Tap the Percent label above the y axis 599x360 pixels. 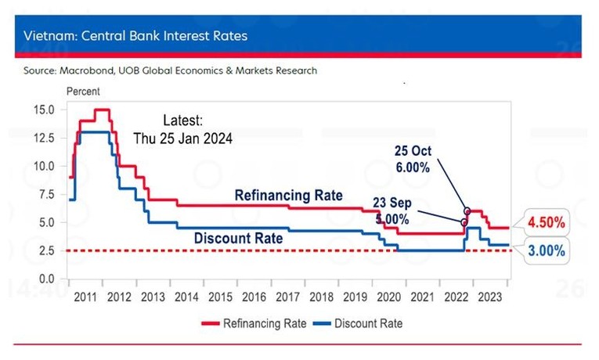(x=83, y=92)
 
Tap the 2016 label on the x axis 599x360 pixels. (x=253, y=297)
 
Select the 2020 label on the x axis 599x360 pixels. (x=388, y=297)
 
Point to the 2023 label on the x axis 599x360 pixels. (x=489, y=297)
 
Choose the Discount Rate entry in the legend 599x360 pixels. (x=357, y=323)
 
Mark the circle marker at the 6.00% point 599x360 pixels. (x=467, y=211)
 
